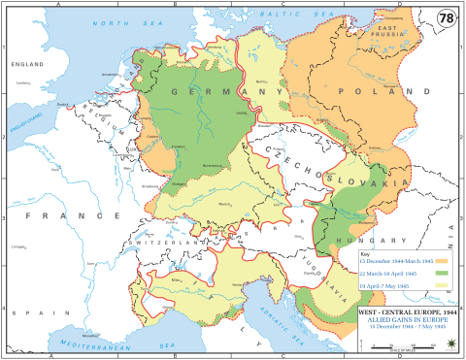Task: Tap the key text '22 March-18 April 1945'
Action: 386,274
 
